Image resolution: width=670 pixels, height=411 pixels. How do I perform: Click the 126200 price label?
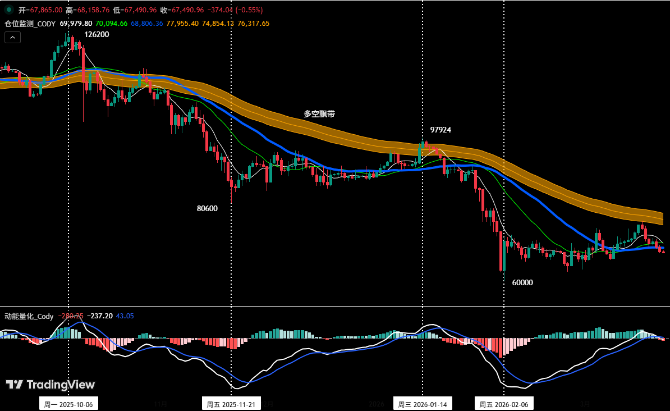click(x=97, y=34)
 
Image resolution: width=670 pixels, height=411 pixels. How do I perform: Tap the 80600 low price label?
click(x=207, y=208)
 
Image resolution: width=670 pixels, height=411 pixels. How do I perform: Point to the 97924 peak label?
click(x=440, y=130)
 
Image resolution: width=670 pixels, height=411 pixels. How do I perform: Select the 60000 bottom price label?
click(x=522, y=282)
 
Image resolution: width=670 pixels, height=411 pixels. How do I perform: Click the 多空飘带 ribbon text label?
click(x=319, y=113)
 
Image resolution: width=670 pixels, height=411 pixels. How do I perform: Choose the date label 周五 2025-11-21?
click(x=231, y=404)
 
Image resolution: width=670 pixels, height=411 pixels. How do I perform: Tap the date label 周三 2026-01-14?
click(x=422, y=404)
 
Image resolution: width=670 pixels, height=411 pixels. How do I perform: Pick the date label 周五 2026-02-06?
click(x=503, y=404)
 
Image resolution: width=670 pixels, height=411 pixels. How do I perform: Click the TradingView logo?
click(x=51, y=385)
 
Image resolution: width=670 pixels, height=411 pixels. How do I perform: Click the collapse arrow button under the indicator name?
click(x=13, y=37)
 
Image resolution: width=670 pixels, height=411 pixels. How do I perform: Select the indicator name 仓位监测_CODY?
click(x=30, y=24)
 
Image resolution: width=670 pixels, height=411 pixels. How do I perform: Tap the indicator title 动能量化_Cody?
click(x=29, y=316)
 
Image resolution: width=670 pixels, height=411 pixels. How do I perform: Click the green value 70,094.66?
click(x=111, y=24)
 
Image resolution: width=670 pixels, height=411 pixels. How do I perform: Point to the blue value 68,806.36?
click(x=146, y=24)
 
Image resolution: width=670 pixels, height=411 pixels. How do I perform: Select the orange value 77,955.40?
click(x=182, y=24)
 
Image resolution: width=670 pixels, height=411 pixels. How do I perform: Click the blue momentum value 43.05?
click(x=125, y=316)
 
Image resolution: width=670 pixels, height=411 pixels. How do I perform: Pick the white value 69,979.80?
click(x=76, y=24)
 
